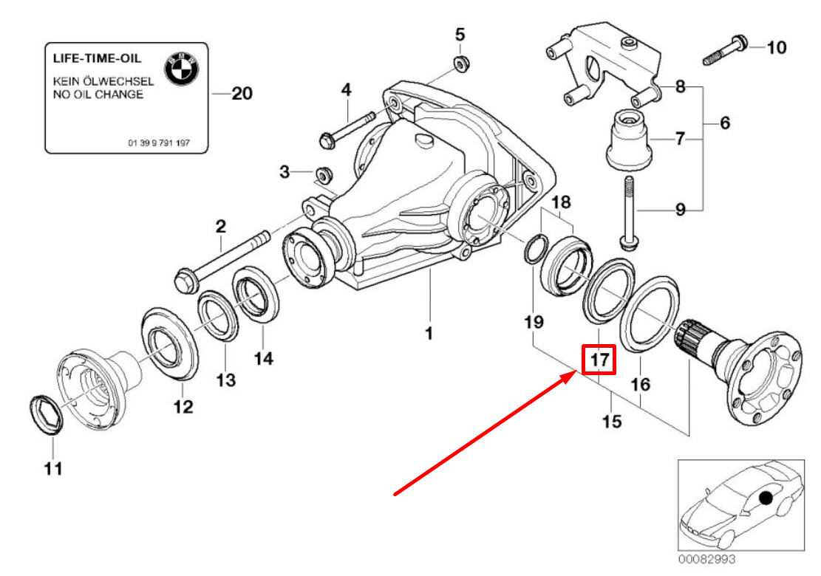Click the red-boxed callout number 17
(598, 360)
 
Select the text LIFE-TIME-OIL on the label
(96, 58)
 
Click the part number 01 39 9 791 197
(158, 143)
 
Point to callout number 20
(242, 94)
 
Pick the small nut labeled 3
(323, 175)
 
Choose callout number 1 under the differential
(428, 334)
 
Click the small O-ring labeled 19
(533, 250)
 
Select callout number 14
(263, 358)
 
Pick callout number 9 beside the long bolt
(679, 210)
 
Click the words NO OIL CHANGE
(98, 95)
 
